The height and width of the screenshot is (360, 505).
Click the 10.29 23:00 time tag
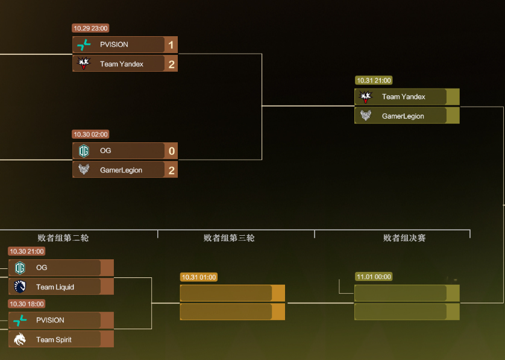pos(90,28)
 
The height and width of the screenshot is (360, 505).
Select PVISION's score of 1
pos(171,45)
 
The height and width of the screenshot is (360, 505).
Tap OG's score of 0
pos(172,151)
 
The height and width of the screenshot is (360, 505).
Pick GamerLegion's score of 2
pos(172,171)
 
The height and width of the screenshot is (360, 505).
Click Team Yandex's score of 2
pos(172,65)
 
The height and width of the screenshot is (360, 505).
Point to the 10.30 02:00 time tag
pos(90,134)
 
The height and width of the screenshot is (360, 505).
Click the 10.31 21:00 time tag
pos(374,80)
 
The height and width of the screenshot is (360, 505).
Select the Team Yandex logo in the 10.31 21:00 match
pos(366,96)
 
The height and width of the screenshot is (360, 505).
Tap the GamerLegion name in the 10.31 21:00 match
pos(403,116)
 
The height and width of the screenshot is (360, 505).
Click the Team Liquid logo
pos(20,286)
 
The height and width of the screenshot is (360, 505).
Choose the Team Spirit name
pos(54,339)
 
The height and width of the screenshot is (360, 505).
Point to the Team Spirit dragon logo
pos(20,339)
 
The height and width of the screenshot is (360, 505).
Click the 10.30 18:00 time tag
pos(27,304)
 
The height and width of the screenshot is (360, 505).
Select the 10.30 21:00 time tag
pos(27,251)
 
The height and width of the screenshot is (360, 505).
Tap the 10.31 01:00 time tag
pos(199,277)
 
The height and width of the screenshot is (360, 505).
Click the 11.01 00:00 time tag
pos(374,277)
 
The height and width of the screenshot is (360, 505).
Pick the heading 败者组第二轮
pos(63,238)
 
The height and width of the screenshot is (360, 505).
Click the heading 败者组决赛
pos(404,238)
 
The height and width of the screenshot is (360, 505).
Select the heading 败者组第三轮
pos(229,238)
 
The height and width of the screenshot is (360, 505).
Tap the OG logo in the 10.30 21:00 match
pos(20,268)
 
